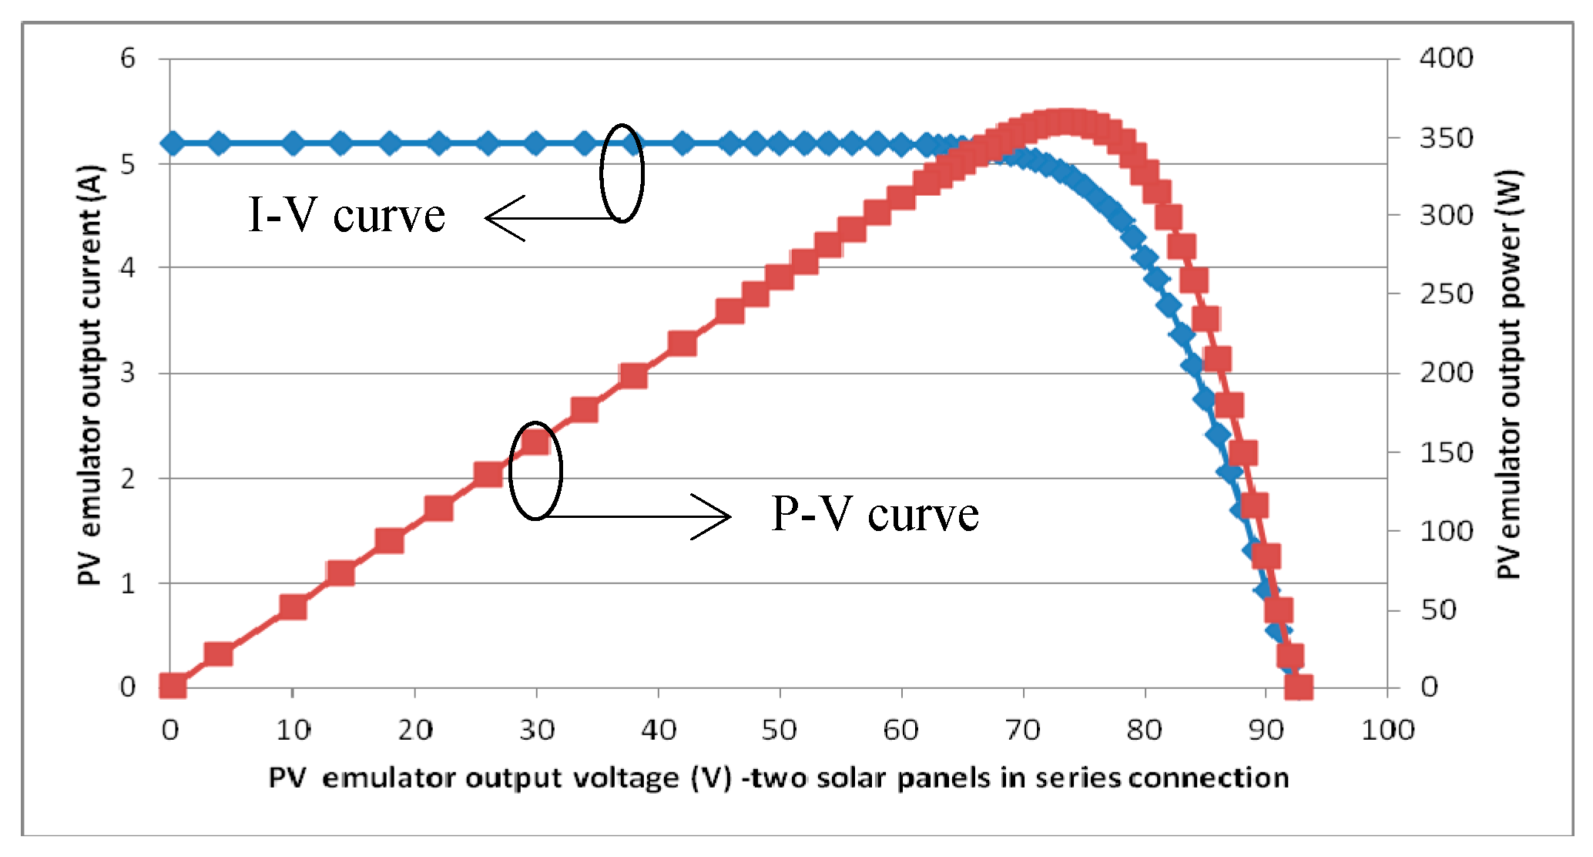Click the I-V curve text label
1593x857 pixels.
coord(346,215)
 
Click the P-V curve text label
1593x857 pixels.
coord(874,514)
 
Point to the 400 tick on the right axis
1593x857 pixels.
coord(1446,58)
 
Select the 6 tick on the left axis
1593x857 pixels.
coord(127,58)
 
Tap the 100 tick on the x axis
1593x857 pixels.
coord(1387,730)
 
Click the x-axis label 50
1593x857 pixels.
coord(779,730)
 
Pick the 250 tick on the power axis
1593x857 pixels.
coord(1446,294)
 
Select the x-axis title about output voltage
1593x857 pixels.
coord(778,778)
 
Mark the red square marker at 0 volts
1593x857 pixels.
coord(173,685)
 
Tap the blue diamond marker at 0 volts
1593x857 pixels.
coord(172,143)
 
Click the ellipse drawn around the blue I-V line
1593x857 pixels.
coord(621,173)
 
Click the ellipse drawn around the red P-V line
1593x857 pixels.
coord(535,470)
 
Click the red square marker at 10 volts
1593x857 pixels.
coord(293,607)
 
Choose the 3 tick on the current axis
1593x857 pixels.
coord(127,373)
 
